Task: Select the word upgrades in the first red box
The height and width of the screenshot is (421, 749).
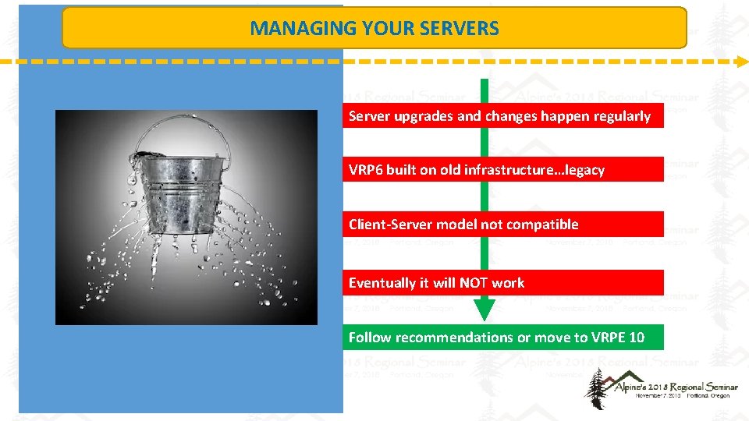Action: (425, 116)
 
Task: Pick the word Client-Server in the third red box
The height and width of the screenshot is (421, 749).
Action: (390, 225)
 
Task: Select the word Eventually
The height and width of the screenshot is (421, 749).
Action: (382, 283)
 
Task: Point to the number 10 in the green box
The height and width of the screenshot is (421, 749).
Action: (636, 338)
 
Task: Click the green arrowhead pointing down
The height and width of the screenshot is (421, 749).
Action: (485, 309)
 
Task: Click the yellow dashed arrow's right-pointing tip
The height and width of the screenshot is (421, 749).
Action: (741, 60)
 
